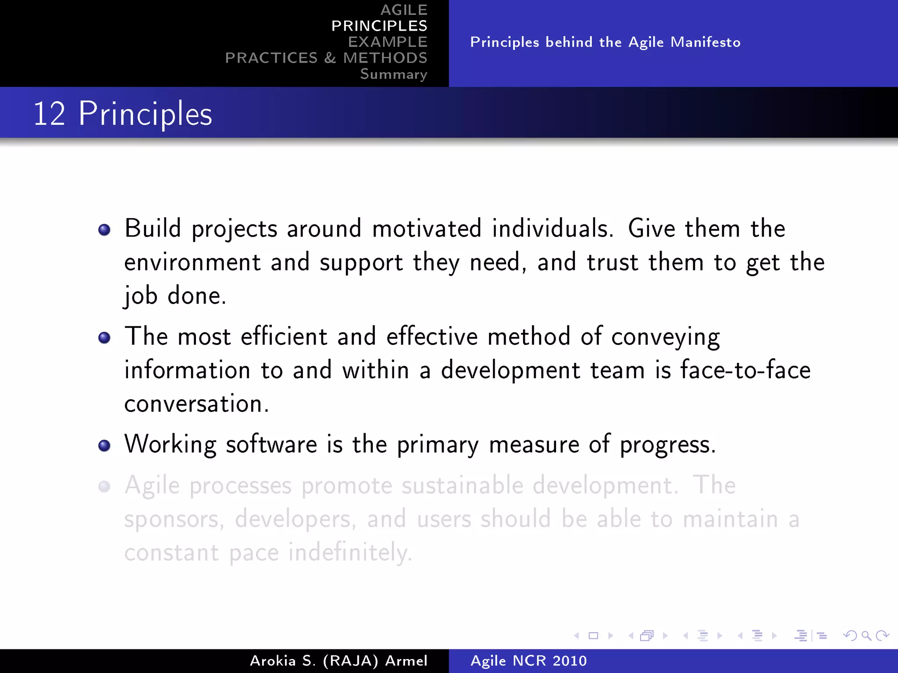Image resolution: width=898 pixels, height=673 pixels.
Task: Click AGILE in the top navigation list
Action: [x=403, y=10]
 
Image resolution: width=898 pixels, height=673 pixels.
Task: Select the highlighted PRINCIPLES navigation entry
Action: [x=379, y=26]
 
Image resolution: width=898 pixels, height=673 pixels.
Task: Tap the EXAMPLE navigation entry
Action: [x=387, y=42]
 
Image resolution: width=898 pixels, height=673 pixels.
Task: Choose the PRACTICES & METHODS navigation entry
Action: [x=326, y=58]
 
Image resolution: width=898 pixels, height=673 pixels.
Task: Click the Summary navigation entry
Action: [x=393, y=74]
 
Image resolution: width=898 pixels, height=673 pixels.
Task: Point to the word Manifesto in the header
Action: [x=705, y=42]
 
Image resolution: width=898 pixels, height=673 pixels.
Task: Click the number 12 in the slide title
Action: [x=49, y=114]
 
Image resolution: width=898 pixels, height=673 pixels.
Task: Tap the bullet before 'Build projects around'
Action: [x=104, y=230]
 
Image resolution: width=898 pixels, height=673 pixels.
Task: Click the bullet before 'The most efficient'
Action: [x=104, y=338]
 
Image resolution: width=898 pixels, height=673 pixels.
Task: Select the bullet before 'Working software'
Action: [x=104, y=446]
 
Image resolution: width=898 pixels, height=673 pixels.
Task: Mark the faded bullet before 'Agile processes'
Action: [x=104, y=486]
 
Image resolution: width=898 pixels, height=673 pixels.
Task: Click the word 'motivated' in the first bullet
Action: [x=426, y=229]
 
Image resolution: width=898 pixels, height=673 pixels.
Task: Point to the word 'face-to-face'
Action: [x=745, y=370]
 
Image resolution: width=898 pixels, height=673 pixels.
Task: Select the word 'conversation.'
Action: [x=196, y=404]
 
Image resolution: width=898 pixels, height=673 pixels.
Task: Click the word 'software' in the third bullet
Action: [x=271, y=444]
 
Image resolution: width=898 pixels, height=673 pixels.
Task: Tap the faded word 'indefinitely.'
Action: [x=350, y=552]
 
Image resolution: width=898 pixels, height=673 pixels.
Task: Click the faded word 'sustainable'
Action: [x=462, y=485]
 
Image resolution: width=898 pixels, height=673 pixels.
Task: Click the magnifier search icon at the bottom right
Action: [x=866, y=635]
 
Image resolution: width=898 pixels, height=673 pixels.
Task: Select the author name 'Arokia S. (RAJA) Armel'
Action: [x=338, y=661]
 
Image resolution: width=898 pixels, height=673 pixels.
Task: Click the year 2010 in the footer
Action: [x=569, y=661]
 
